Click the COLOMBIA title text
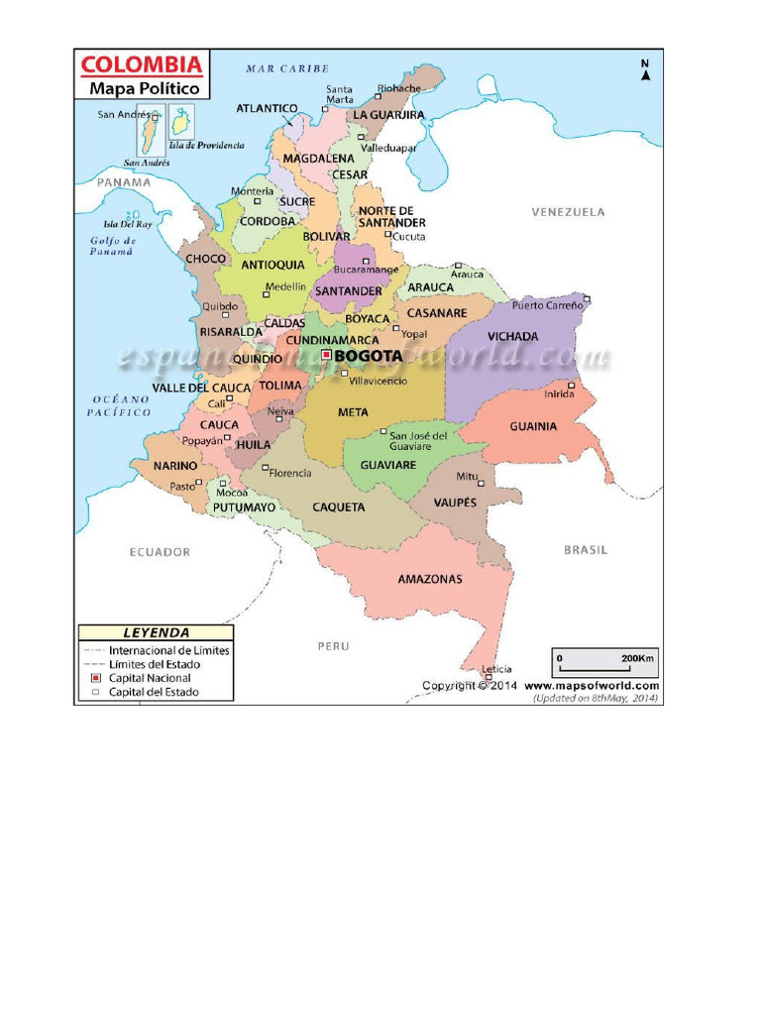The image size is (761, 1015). pyautogui.click(x=141, y=66)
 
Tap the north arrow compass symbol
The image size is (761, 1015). pyautogui.click(x=645, y=70)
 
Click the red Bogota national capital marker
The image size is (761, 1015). pyautogui.click(x=326, y=354)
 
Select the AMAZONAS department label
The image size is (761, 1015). pyautogui.click(x=430, y=579)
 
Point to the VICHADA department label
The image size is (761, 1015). pyautogui.click(x=513, y=337)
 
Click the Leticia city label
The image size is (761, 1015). pyautogui.click(x=496, y=669)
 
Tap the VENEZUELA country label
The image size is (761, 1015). pyautogui.click(x=568, y=212)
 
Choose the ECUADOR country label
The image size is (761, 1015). pyautogui.click(x=160, y=552)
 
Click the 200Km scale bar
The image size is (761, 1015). pyautogui.click(x=604, y=663)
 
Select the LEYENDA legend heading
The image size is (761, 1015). pyautogui.click(x=156, y=632)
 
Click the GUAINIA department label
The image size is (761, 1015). pyautogui.click(x=533, y=426)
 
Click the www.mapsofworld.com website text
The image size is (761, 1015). pyautogui.click(x=592, y=685)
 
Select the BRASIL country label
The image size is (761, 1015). pyautogui.click(x=585, y=549)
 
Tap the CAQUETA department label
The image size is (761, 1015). pyautogui.click(x=339, y=507)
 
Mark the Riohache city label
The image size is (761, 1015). pyautogui.click(x=399, y=88)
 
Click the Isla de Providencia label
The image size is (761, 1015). pyautogui.click(x=206, y=145)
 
